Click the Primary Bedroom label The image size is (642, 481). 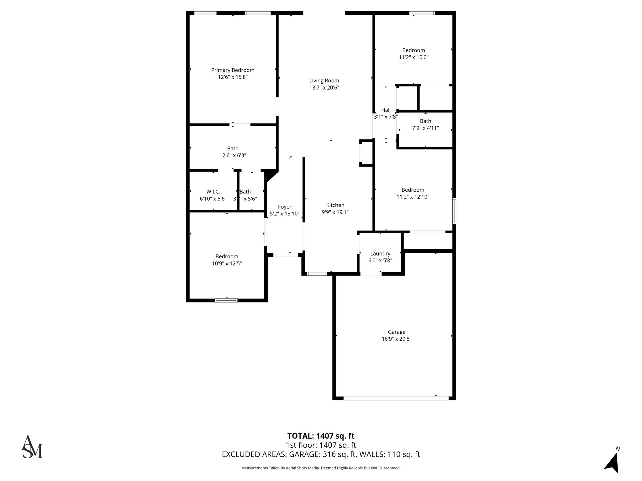233,70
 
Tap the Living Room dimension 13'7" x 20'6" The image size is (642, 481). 324,88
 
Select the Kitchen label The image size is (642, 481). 335,205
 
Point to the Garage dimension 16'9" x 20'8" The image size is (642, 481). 397,339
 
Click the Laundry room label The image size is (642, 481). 380,254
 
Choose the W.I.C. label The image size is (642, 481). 213,192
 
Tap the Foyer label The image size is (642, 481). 285,207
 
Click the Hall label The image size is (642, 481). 386,110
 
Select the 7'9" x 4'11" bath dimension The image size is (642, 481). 425,128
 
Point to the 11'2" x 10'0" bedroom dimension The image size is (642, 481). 413,57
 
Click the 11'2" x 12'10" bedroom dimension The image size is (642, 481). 413,197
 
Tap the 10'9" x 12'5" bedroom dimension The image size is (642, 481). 227,264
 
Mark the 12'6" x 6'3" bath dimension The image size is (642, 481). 233,156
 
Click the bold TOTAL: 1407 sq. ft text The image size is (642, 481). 321,436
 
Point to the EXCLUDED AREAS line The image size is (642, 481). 321,454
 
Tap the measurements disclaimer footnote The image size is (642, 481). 321,468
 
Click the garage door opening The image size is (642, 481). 396,398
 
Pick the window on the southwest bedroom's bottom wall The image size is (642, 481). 226,300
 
